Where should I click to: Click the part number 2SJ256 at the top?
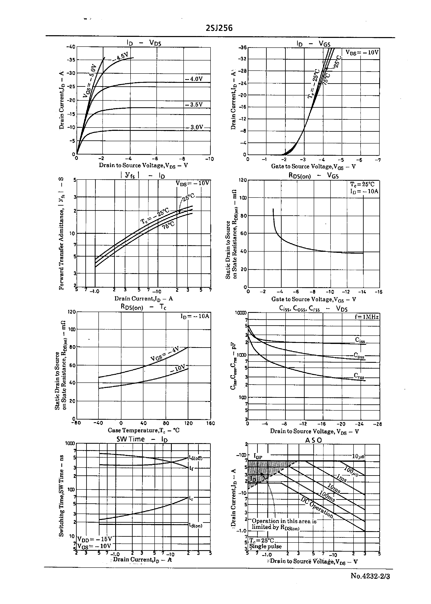coord(219,28)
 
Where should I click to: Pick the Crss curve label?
coord(359,375)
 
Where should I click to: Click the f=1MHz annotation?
coord(367,317)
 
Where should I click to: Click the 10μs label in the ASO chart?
coord(358,456)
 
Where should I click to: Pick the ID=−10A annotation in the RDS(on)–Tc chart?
coord(195,316)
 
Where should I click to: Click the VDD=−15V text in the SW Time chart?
coord(95,539)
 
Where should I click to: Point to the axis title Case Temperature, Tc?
coord(144,430)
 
